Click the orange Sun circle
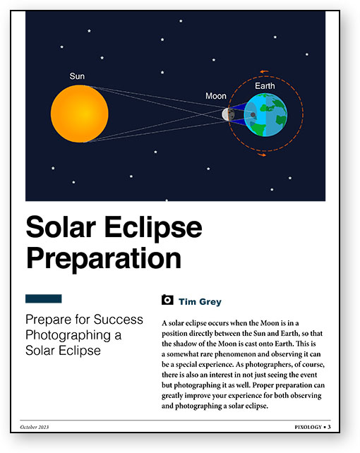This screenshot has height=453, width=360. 80,114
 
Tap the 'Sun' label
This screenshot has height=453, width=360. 77,76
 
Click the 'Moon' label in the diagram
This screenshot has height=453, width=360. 216,96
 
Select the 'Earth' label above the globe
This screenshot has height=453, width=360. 265,86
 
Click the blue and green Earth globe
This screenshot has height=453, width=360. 265,114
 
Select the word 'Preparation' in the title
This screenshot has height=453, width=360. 103,258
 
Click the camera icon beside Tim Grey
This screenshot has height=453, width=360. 167,300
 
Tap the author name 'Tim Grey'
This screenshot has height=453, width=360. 200,301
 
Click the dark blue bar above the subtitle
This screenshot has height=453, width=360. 43,298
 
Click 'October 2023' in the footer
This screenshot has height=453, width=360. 35,427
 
